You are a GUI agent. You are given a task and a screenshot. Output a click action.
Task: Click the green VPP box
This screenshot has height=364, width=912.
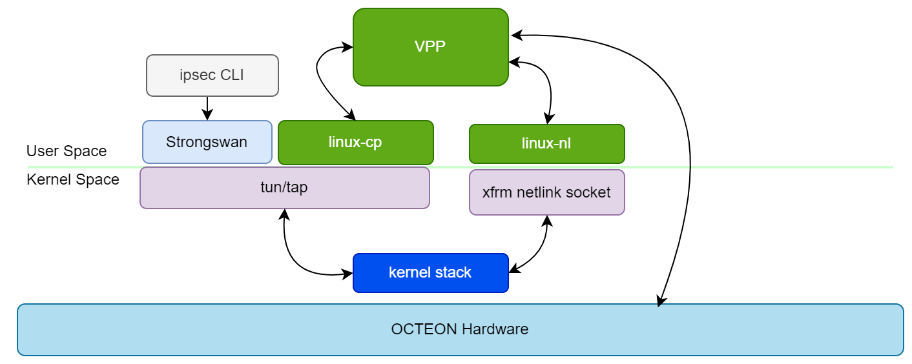pos(430,47)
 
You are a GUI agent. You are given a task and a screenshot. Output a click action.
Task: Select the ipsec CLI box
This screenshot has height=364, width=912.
pos(212,76)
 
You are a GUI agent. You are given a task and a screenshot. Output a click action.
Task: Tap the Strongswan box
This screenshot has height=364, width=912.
pos(207,142)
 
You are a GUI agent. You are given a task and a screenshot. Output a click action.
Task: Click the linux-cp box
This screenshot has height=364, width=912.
pos(355,142)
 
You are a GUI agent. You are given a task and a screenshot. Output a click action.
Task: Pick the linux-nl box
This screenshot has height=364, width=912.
pos(546,143)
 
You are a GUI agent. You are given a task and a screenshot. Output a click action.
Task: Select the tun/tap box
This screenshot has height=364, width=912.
pos(284,188)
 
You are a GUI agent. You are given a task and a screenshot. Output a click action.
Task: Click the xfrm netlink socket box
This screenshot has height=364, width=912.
pos(546,192)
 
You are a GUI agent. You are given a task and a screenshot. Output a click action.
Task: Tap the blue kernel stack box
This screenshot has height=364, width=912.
pos(430,272)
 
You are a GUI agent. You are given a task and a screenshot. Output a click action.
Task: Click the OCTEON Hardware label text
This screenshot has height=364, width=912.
pos(459,329)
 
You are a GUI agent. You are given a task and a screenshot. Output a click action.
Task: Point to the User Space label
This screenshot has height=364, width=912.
pos(67,152)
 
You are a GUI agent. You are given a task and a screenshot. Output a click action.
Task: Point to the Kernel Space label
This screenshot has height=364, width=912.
pos(73,179)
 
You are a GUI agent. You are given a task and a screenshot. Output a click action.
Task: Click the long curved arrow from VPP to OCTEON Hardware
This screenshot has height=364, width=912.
pos(689,161)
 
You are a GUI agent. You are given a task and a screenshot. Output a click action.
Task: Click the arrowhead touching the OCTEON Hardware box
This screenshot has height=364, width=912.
pos(659,301)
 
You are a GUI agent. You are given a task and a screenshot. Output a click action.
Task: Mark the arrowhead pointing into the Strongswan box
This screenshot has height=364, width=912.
pos(207,116)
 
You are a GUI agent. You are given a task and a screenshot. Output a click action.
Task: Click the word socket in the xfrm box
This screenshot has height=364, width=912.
pos(590,192)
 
